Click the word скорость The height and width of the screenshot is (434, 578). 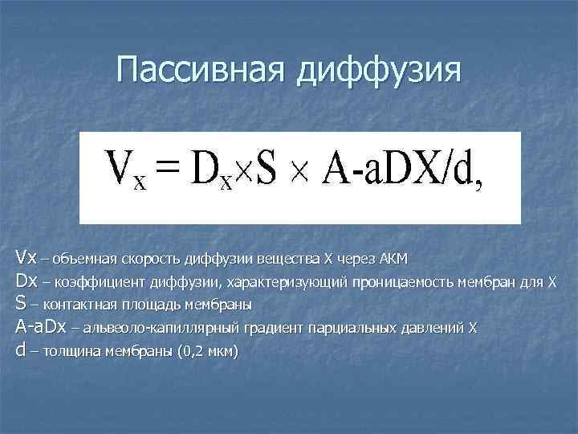coord(152,260)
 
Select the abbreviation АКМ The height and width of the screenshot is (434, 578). coord(393,260)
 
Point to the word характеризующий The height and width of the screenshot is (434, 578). coord(277,283)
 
